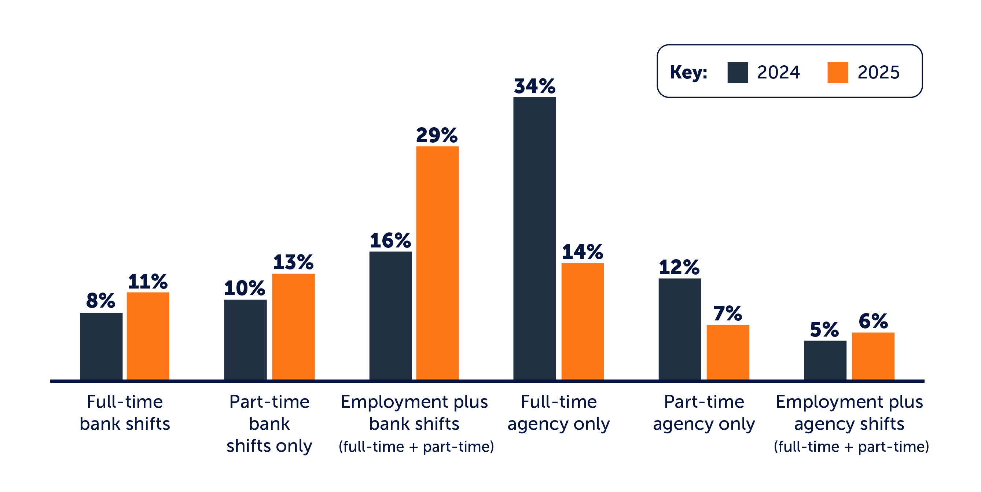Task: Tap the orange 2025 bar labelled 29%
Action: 437,263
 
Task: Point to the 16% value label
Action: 390,241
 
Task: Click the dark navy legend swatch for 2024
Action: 737,73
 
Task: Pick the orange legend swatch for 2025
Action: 837,73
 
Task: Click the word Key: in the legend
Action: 688,72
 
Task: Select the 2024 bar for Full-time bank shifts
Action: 101,346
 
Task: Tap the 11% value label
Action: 148,282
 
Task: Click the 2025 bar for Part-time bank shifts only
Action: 293,326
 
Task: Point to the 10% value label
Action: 245,288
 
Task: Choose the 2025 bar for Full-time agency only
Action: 582,321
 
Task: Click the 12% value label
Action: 679,267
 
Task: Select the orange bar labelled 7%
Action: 728,352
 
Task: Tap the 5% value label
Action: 824,330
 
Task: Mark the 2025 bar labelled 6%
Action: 873,356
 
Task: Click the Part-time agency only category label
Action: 704,413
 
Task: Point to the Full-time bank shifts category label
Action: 125,413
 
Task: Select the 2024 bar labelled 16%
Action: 390,315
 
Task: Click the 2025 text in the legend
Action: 878,72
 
